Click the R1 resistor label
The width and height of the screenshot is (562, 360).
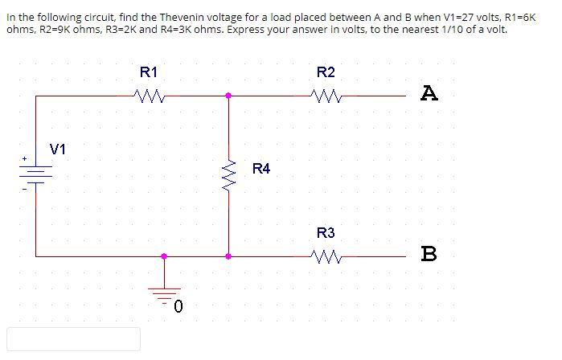[150, 72]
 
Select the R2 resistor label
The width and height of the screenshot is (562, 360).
[326, 72]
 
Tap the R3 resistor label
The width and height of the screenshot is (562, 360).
[326, 234]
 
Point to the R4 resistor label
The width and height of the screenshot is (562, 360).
[261, 169]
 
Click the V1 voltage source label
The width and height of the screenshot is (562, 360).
[59, 149]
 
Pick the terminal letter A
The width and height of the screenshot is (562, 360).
[429, 95]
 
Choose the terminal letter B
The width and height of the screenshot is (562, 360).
[429, 256]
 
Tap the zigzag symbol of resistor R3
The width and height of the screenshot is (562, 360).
[326, 257]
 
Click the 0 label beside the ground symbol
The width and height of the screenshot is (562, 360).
[178, 306]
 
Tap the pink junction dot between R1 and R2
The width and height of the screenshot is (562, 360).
[229, 96]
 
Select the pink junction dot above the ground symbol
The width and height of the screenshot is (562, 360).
[165, 257]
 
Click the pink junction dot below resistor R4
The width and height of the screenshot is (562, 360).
[229, 257]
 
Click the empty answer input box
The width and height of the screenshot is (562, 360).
[74, 338]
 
